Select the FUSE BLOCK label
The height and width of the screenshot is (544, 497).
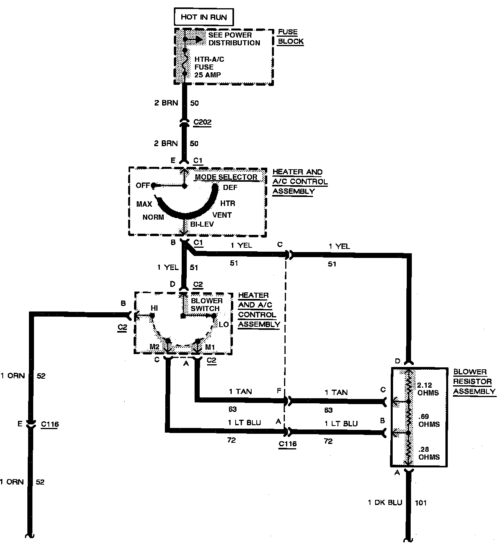pyautogui.click(x=290, y=37)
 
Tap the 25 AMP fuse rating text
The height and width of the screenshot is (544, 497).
pyautogui.click(x=207, y=75)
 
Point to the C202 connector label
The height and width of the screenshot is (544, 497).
pyautogui.click(x=202, y=122)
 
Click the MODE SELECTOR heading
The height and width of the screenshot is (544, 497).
pyautogui.click(x=226, y=177)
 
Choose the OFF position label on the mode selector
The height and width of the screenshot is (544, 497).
pyautogui.click(x=143, y=185)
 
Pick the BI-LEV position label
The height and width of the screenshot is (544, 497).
pyautogui.click(x=200, y=225)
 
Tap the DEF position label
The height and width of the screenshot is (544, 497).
pyautogui.click(x=230, y=187)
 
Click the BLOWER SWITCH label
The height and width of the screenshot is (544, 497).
pyautogui.click(x=206, y=304)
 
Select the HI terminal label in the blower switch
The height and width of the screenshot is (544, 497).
pyautogui.click(x=154, y=308)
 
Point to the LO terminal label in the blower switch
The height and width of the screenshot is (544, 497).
pyautogui.click(x=223, y=324)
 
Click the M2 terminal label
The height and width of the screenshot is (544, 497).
pyautogui.click(x=155, y=347)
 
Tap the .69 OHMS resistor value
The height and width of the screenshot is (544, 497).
pyautogui.click(x=429, y=421)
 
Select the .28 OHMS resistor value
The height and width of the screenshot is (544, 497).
pyautogui.click(x=429, y=453)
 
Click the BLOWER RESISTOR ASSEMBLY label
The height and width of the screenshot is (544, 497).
pyautogui.click(x=474, y=381)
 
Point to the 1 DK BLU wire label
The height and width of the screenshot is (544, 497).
pyautogui.click(x=385, y=503)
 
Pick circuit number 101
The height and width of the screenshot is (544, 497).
pyautogui.click(x=420, y=503)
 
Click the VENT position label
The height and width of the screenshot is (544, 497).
pyautogui.click(x=222, y=215)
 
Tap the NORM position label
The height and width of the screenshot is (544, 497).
pyautogui.click(x=153, y=217)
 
